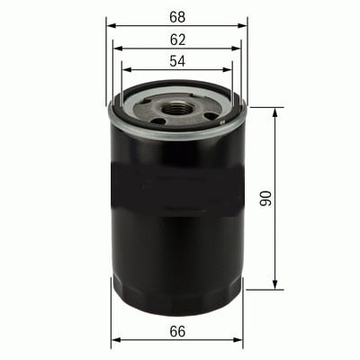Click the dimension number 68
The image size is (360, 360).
(x=177, y=17)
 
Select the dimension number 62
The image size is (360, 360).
(x=177, y=40)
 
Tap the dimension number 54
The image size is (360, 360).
(x=177, y=61)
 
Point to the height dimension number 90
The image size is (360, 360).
(x=265, y=198)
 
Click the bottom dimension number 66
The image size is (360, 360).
(x=177, y=331)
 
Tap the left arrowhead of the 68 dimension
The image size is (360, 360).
(x=112, y=26)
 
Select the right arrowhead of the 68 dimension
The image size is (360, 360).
(x=242, y=26)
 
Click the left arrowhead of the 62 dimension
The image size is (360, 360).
(x=119, y=49)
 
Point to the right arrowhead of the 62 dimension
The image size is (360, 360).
(x=236, y=49)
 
